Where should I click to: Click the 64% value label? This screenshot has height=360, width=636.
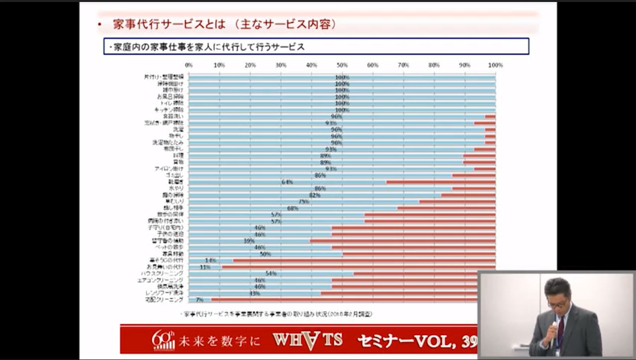coord(287,182)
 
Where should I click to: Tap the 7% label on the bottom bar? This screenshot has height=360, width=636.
coord(199,300)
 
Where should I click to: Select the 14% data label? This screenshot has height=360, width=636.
coord(210,260)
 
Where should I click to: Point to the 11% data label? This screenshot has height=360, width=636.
coord(205,267)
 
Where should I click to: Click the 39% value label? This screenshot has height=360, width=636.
coord(249,240)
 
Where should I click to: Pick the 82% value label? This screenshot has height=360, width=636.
coord(314,195)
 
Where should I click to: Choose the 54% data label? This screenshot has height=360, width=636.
coord(270,273)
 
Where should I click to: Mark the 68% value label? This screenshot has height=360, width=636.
coord(292,208)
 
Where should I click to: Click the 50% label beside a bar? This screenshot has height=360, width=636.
coord(265,254)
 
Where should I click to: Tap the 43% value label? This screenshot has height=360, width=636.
coord(254,293)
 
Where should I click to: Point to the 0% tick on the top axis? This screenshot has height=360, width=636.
coord(189,65)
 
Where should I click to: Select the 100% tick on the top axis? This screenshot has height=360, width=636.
coord(495,65)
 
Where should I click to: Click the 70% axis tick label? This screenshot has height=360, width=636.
coord(403,65)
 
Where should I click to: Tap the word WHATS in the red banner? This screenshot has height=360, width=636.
coord(307,340)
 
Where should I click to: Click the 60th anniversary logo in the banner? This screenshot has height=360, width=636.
coord(163,340)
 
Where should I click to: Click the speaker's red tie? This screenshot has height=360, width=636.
coord(561,329)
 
